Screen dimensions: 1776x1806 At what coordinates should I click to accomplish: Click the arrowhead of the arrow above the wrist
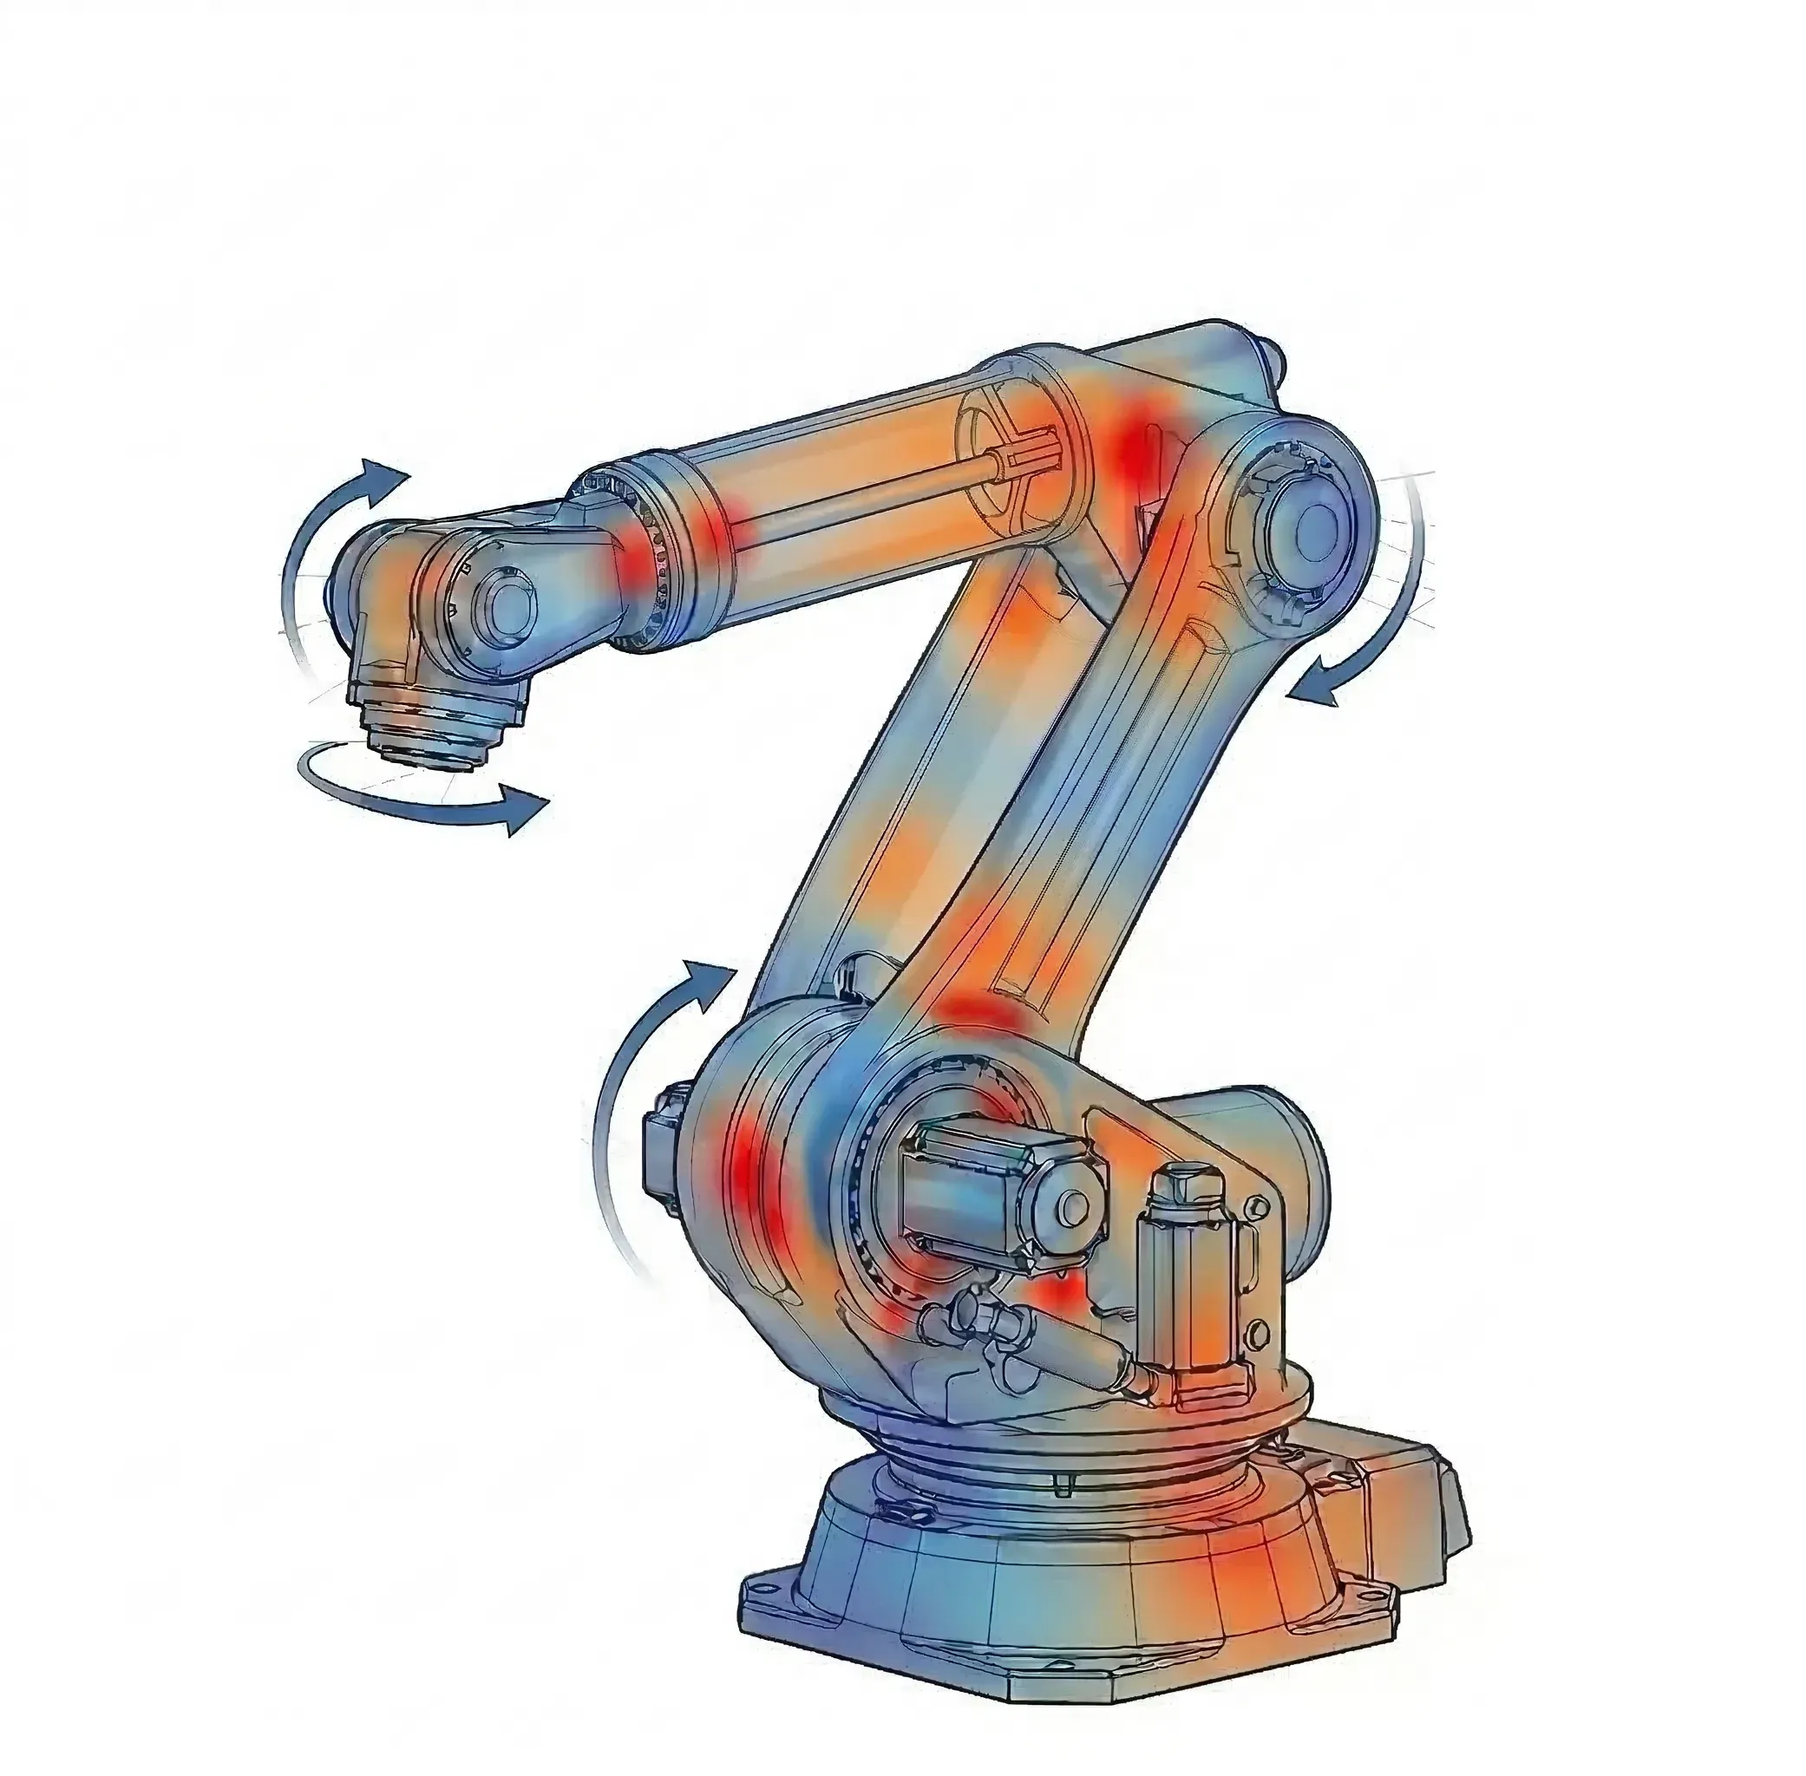tap(390, 473)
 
